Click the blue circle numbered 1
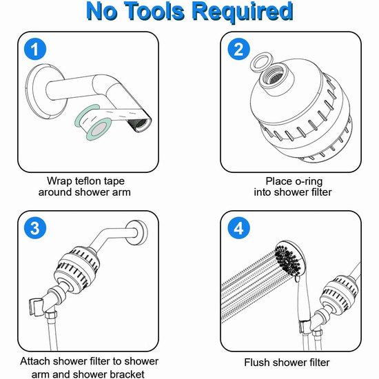pos(35,50)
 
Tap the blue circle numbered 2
pos(238,50)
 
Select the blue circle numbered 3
pos(35,228)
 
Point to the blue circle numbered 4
pos(238,228)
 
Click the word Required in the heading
pos(243,12)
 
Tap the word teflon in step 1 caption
pos(88,181)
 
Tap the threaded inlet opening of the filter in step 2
pos(276,75)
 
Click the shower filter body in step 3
pos(76,267)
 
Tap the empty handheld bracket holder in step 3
pos(37,307)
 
